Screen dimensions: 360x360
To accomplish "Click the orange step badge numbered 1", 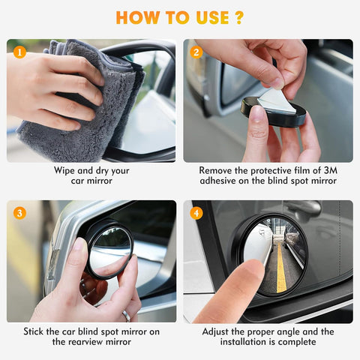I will (x=20, y=53).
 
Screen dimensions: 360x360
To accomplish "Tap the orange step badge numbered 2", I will (x=196, y=53).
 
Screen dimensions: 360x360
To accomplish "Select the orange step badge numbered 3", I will (x=20, y=213).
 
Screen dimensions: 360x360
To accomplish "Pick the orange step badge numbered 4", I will (x=196, y=213).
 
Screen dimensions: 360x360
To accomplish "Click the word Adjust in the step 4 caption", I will (x=217, y=331).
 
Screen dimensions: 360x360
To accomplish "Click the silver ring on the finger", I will (x=125, y=315).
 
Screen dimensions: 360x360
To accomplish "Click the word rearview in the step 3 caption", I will (x=91, y=342).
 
